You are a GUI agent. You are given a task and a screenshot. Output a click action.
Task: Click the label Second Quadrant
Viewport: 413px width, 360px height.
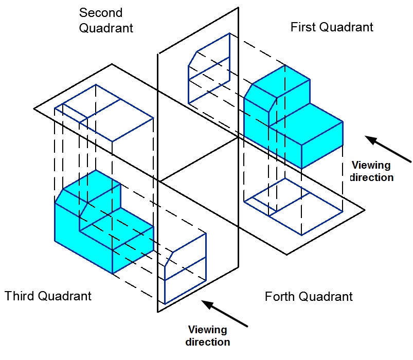click(105, 20)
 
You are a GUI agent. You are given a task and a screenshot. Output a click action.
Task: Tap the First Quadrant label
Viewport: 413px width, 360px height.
click(332, 27)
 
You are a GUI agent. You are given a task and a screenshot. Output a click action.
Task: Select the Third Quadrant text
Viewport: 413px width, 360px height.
click(48, 296)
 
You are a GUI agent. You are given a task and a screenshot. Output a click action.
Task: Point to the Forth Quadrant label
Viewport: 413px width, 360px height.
click(309, 297)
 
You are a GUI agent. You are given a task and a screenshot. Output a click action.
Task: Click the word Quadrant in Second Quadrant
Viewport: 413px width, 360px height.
click(105, 28)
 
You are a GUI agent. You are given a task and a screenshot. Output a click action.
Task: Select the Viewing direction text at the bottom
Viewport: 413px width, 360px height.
click(209, 335)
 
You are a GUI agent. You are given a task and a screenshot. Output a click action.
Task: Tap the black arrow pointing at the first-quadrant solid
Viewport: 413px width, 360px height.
click(388, 149)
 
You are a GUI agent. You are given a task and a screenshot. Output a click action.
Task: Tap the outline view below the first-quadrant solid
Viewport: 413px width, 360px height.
click(293, 205)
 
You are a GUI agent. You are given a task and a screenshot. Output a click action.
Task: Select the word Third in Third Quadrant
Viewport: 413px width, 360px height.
click(19, 296)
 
